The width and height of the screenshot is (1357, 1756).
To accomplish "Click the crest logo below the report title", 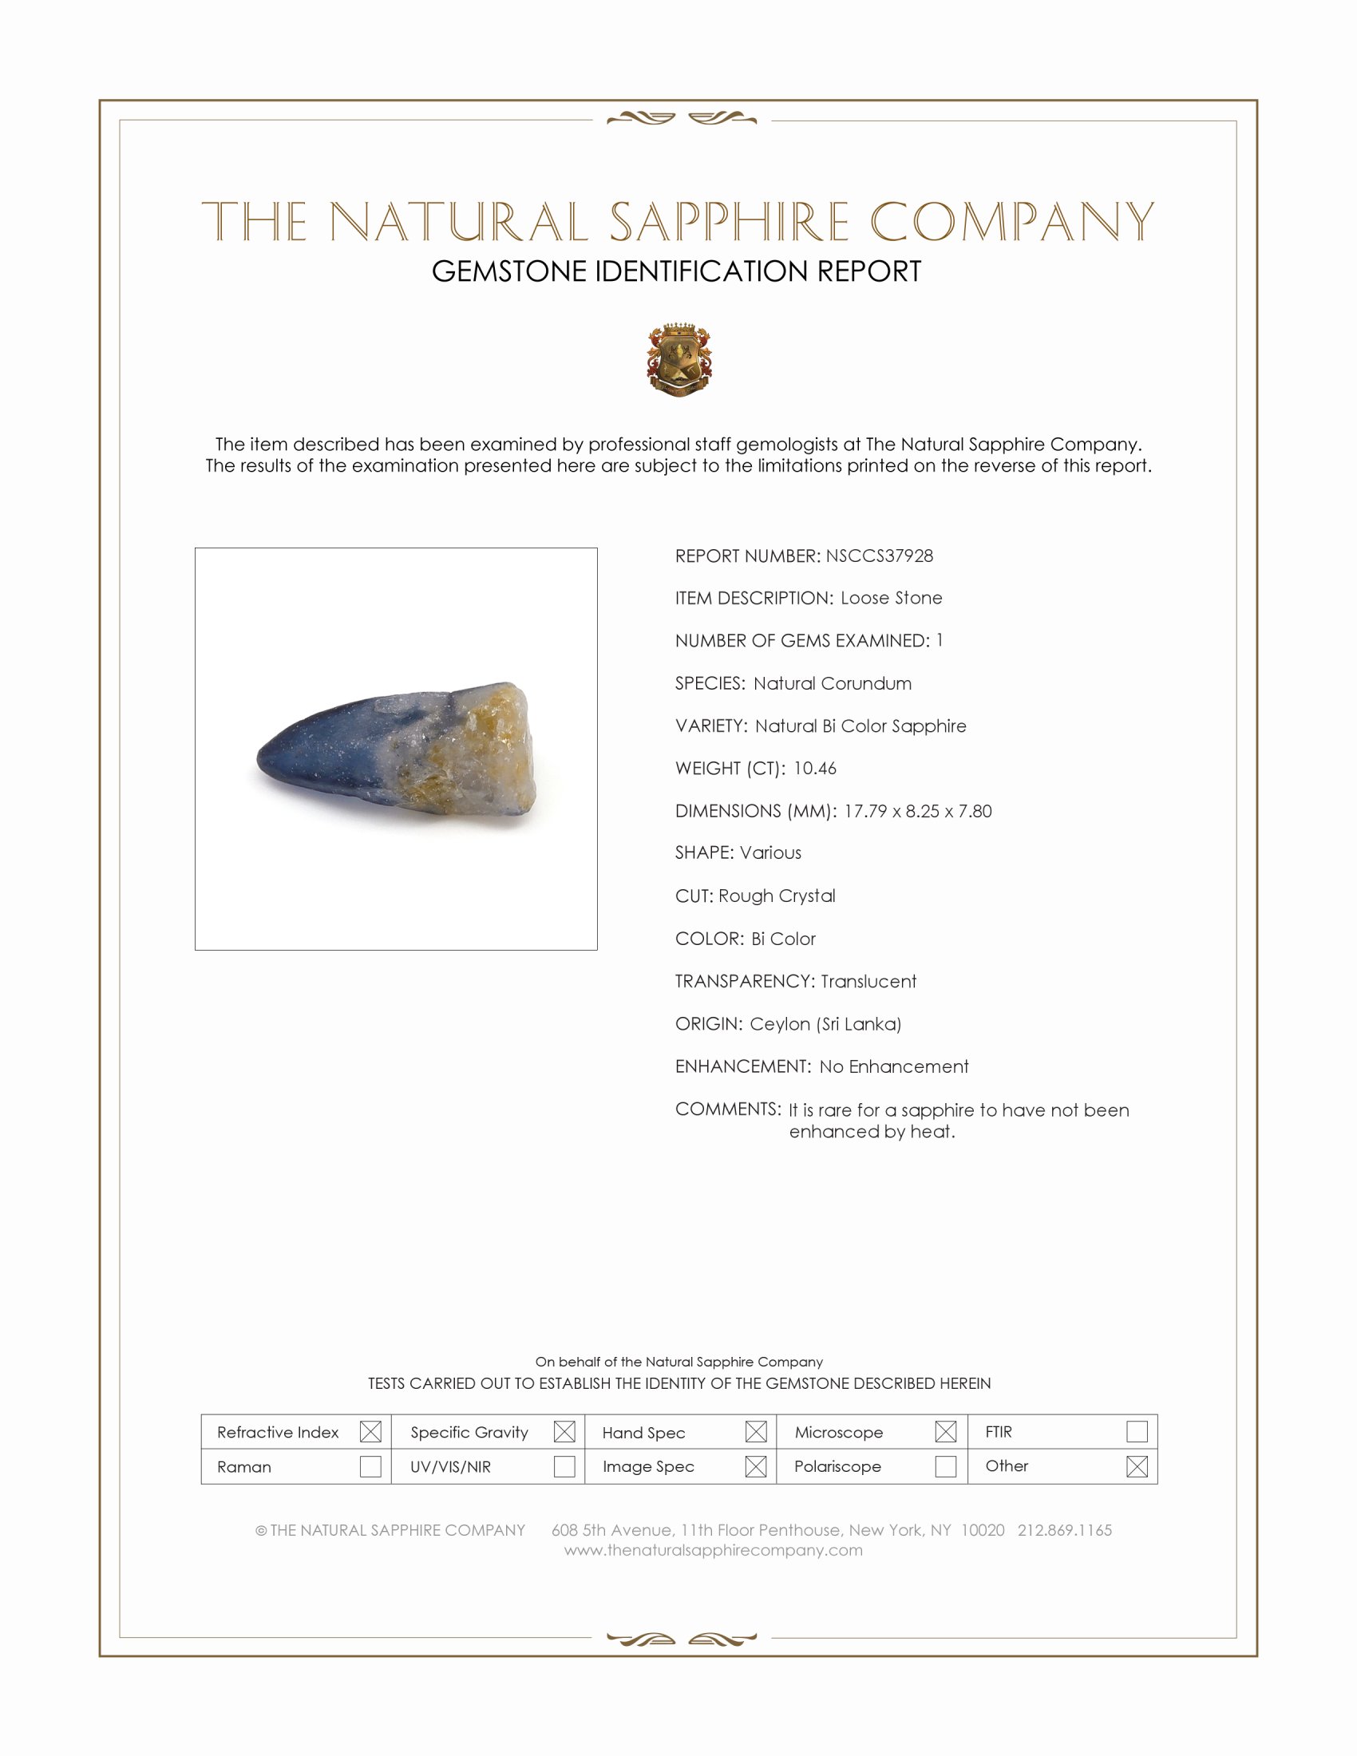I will tap(679, 359).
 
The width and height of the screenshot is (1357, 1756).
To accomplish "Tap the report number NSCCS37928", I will tap(879, 556).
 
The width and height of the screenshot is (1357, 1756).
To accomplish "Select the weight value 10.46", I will tap(814, 768).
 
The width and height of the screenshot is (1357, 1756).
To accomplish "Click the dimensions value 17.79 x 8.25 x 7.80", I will tap(917, 810).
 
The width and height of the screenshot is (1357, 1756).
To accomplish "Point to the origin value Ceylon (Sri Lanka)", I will tap(825, 1023).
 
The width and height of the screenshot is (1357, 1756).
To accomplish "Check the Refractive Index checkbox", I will tap(370, 1431).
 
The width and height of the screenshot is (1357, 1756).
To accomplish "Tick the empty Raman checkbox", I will tap(370, 1465).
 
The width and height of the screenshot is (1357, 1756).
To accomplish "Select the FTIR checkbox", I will tap(1137, 1431).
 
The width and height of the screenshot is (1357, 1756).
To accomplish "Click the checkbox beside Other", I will tap(1137, 1465).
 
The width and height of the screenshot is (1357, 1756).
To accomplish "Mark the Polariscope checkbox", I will tap(945, 1465).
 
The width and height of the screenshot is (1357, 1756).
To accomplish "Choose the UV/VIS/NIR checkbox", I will tap(564, 1465).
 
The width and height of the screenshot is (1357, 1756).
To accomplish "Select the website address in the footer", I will tap(713, 1550).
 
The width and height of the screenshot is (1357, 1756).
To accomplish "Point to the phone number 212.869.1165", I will tap(1064, 1530).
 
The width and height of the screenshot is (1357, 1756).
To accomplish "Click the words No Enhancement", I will tap(894, 1066).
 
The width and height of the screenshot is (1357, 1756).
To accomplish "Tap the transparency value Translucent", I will tap(868, 981).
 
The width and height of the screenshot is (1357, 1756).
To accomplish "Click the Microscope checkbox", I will tap(945, 1431).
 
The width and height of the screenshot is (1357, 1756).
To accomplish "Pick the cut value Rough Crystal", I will tap(777, 896).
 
